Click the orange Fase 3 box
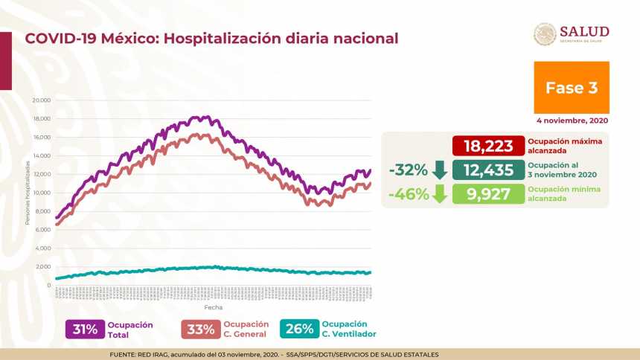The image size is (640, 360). [x=571, y=87]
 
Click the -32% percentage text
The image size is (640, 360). [x=408, y=170]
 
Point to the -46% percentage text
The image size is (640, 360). [x=408, y=194]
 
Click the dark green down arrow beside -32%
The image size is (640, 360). [x=439, y=170]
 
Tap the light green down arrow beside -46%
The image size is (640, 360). [x=439, y=194]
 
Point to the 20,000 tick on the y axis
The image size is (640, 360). [x=41, y=100]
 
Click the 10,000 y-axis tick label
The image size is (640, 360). [x=41, y=193]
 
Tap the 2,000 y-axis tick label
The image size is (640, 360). [x=42, y=266]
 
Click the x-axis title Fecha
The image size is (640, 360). [x=213, y=306]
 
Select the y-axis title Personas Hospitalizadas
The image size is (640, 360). [x=28, y=194]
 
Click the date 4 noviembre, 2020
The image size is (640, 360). [x=572, y=120]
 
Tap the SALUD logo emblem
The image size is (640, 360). [x=545, y=34]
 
